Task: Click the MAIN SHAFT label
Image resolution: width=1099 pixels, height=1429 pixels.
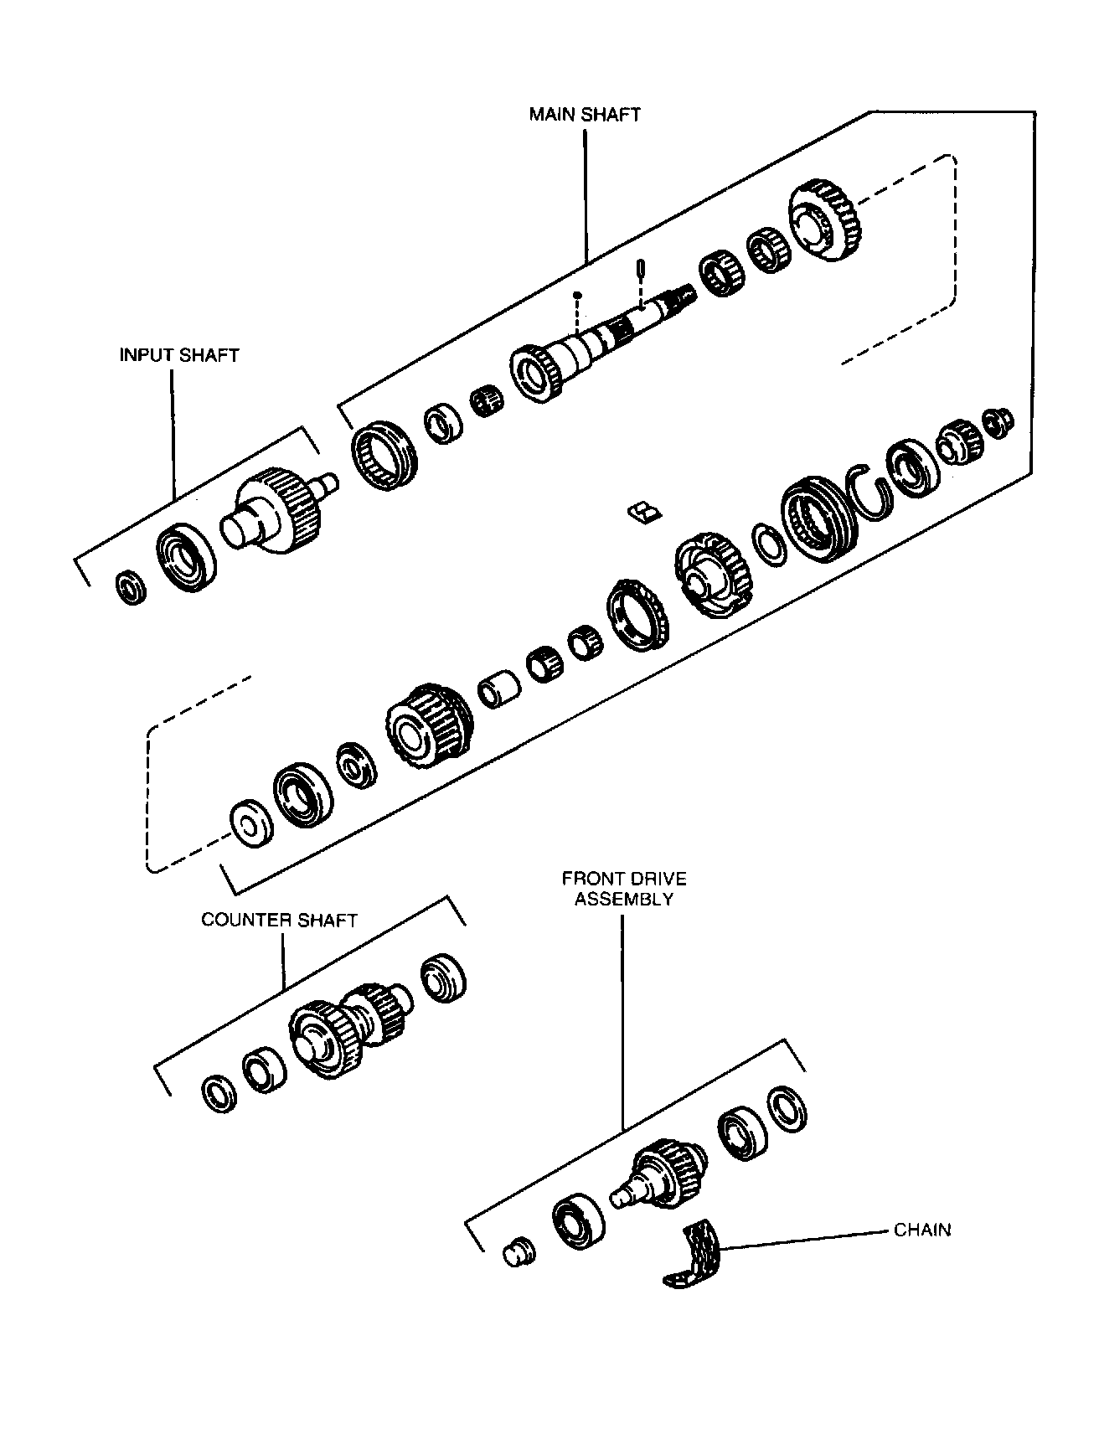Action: [x=585, y=115]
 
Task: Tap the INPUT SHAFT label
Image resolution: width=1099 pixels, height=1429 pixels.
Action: [x=179, y=355]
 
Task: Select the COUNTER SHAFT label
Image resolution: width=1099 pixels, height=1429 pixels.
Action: [x=279, y=920]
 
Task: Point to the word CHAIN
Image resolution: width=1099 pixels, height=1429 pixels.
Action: [x=922, y=1230]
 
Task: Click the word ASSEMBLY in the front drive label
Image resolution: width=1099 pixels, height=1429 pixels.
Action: [x=624, y=900]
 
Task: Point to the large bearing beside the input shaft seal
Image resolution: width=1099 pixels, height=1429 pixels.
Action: [x=186, y=557]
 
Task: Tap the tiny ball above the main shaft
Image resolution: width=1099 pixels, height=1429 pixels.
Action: [x=576, y=295]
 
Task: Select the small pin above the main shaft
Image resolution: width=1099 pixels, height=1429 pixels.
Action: [x=641, y=270]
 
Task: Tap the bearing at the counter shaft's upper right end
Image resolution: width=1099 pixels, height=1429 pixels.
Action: [x=442, y=977]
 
